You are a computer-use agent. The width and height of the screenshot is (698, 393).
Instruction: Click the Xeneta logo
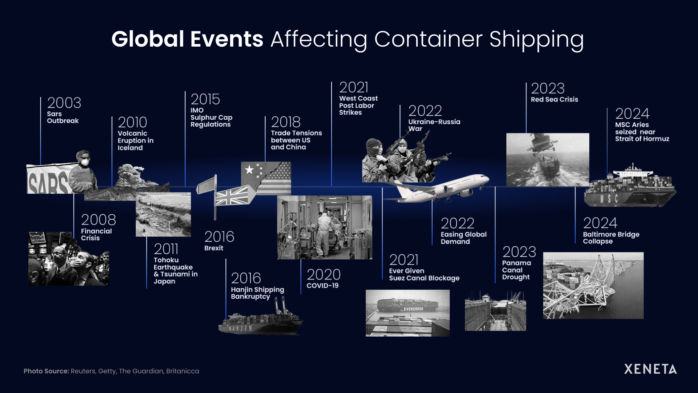click(650, 369)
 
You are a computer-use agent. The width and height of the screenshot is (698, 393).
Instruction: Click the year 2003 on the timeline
click(64, 103)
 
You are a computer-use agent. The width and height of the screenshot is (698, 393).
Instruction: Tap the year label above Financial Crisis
click(98, 220)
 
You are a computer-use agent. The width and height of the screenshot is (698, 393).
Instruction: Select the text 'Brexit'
click(214, 248)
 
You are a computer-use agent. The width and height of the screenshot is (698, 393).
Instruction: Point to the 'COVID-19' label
click(322, 286)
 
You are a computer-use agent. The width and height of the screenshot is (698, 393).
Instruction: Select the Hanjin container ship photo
click(260, 322)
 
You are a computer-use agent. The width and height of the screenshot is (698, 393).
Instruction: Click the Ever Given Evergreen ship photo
click(408, 313)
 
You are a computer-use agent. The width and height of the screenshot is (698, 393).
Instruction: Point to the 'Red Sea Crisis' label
click(554, 99)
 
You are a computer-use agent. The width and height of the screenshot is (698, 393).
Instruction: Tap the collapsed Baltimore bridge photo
click(593, 286)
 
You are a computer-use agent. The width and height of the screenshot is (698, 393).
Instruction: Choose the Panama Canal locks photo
click(495, 311)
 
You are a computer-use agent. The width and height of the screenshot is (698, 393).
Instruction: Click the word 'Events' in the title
click(226, 39)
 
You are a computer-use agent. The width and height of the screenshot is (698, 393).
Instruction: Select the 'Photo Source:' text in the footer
click(46, 371)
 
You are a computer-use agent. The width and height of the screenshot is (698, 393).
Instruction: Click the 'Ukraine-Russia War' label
click(434, 125)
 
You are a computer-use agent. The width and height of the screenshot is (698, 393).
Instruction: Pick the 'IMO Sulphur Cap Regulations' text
click(211, 118)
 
